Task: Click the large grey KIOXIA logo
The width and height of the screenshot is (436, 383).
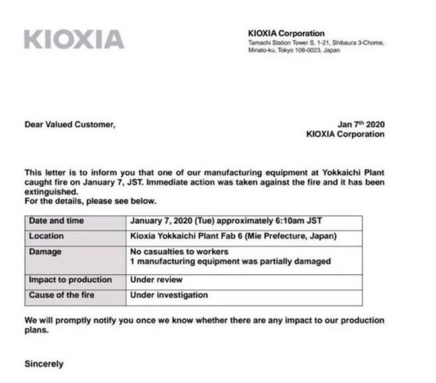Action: [73, 39]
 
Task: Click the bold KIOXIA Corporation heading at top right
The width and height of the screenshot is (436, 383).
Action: [286, 33]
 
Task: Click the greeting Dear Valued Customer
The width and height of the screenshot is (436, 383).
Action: [70, 124]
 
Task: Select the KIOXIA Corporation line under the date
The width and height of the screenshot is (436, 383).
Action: [345, 134]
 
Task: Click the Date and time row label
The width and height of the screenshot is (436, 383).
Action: [57, 221]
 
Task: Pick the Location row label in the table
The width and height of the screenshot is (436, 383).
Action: [47, 236]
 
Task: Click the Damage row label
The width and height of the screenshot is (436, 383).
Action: [45, 251]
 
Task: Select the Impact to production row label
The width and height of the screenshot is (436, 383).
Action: [70, 280]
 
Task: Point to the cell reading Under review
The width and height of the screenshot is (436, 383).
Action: [156, 280]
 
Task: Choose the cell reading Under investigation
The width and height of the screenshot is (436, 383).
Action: [169, 295]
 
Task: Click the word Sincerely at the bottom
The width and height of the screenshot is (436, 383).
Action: [44, 363]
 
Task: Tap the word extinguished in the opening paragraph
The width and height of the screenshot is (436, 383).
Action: [52, 191]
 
